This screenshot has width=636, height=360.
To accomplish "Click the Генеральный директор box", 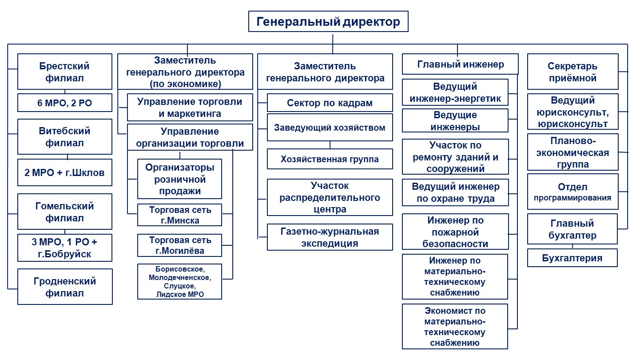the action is (328, 21).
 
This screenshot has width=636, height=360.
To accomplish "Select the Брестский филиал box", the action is (65, 72).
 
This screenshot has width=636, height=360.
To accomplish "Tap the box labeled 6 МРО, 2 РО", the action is (65, 103).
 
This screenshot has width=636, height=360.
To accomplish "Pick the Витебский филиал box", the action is (65, 137).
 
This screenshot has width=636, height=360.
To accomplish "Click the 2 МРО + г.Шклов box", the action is (65, 172).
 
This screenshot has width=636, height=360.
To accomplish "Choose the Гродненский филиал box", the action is (65, 287).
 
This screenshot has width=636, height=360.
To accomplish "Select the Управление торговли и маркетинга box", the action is (190, 108).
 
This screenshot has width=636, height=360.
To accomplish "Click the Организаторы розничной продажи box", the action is (180, 179).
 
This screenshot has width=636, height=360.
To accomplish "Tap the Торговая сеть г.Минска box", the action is (180, 215).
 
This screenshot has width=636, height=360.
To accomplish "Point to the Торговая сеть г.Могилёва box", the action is (180, 245).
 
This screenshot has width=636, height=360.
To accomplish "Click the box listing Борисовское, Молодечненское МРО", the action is (180, 282).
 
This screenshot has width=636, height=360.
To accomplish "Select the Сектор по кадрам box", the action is (330, 103).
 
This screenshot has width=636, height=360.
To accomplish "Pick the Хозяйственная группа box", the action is (330, 159).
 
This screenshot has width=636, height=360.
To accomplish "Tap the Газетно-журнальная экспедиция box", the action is (330, 237).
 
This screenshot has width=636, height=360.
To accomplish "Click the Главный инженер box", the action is (460, 64).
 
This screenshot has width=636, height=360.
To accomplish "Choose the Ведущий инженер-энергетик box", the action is (455, 92).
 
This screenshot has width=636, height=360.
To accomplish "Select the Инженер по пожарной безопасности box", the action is (455, 232).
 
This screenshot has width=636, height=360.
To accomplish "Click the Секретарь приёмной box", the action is (572, 72).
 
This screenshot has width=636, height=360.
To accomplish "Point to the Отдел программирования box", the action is (572, 192).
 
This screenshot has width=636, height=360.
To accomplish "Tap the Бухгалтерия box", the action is (572, 258).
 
